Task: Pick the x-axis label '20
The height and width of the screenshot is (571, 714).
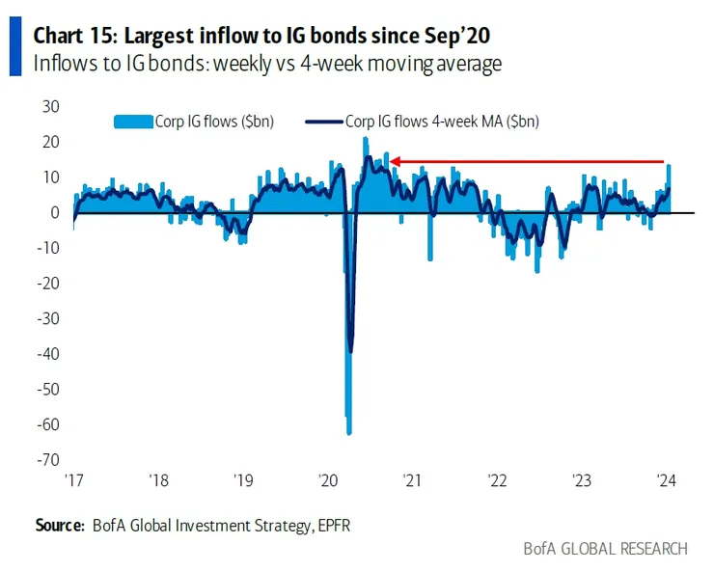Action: pyautogui.click(x=327, y=480)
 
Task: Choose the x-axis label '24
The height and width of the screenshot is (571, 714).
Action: pyautogui.click(x=665, y=480)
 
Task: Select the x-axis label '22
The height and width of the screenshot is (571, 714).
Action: pyautogui.click(x=497, y=480)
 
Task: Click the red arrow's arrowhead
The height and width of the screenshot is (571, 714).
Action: pyautogui.click(x=395, y=162)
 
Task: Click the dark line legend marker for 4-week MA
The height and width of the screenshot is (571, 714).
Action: pyautogui.click(x=323, y=122)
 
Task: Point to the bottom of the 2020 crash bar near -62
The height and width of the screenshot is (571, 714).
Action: pyautogui.click(x=348, y=432)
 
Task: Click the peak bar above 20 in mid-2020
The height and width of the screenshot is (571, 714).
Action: pyautogui.click(x=365, y=140)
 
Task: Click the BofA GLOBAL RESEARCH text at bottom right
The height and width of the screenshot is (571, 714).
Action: pyautogui.click(x=605, y=549)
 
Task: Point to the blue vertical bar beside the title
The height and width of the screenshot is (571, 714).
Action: pyautogui.click(x=14, y=48)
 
